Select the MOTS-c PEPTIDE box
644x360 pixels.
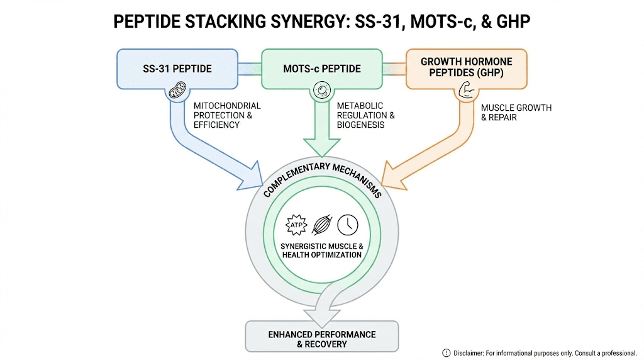[x=321, y=68]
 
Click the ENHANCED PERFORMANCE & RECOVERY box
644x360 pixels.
[x=321, y=338]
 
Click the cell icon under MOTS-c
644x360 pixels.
[x=321, y=93]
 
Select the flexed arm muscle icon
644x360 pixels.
[x=465, y=93]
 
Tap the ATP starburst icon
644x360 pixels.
[x=296, y=225]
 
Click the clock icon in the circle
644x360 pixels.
[x=348, y=225]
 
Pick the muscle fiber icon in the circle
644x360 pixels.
[x=321, y=225]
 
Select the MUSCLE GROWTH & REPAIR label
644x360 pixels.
[x=507, y=112]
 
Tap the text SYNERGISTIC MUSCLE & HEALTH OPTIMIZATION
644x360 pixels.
[x=321, y=250]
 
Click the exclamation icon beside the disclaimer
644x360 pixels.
[x=447, y=352]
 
